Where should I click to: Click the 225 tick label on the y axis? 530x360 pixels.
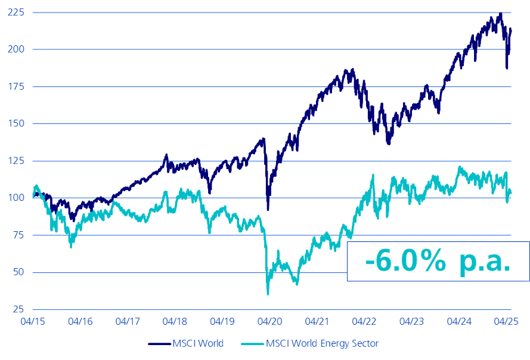[15, 12]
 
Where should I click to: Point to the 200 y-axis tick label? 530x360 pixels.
[15, 49]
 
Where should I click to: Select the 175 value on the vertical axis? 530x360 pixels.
[15, 86]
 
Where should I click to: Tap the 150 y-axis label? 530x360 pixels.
[15, 123]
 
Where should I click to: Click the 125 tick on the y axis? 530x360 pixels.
[15, 161]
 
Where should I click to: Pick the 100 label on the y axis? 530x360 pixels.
[15, 198]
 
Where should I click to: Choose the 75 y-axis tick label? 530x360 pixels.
[17, 235]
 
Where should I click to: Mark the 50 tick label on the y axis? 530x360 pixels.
[17, 272]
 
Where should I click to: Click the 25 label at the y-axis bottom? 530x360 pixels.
[17, 309]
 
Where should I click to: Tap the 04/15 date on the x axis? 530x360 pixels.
[33, 321]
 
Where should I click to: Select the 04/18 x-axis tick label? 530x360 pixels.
[175, 321]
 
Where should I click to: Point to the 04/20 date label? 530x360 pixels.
[269, 321]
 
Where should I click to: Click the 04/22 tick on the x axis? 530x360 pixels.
[364, 321]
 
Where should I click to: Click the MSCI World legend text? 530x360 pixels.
[197, 343]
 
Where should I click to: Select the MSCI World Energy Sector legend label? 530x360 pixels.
[322, 343]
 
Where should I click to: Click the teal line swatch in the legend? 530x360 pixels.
[252, 343]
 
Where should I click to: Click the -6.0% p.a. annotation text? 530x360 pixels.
[438, 261]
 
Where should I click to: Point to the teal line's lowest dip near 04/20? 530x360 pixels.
[268, 293]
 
